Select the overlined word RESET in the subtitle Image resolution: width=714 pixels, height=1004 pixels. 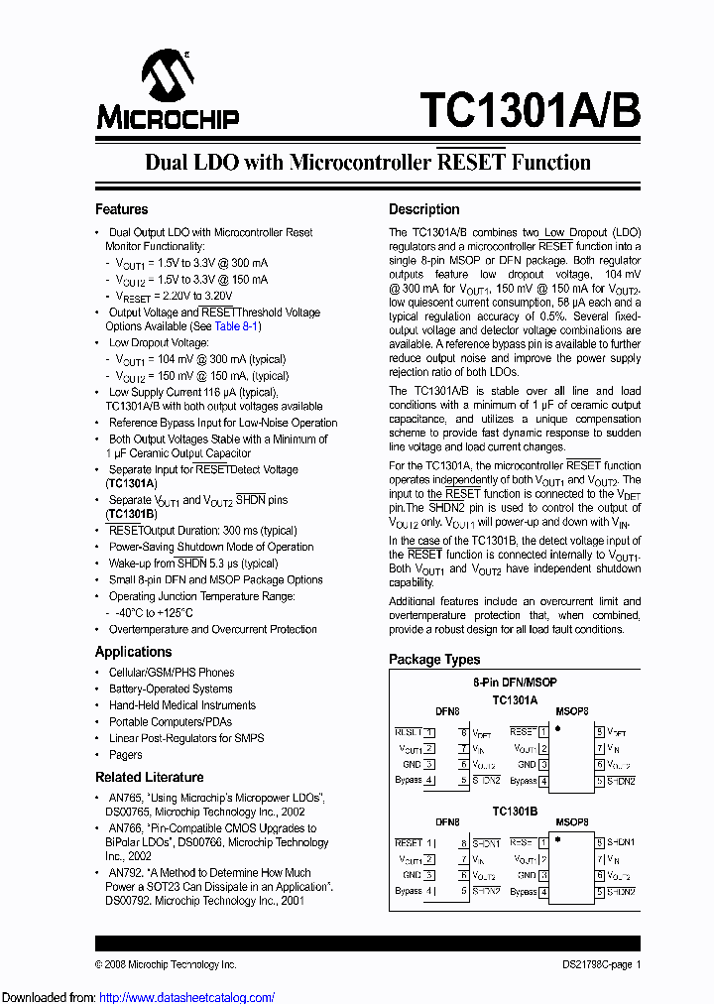[x=471, y=163]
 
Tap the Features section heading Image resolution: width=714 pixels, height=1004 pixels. [x=121, y=209]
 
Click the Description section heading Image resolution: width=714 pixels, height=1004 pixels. [x=423, y=209]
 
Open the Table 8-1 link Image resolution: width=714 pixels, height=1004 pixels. [x=237, y=326]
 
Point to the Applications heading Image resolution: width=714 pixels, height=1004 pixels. [x=133, y=652]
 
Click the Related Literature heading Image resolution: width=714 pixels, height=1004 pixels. [x=149, y=777]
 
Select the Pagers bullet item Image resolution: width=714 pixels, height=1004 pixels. [x=125, y=755]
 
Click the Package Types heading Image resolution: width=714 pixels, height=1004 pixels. [x=434, y=659]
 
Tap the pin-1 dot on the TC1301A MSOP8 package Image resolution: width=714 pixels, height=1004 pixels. [x=558, y=727]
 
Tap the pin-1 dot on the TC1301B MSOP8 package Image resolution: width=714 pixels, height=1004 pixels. [x=558, y=838]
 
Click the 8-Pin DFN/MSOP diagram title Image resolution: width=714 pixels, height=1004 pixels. [x=514, y=684]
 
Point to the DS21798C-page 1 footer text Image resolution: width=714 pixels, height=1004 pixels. [x=595, y=964]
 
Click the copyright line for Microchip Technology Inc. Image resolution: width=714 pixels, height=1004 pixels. [x=166, y=964]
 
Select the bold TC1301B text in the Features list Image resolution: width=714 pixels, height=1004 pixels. [x=131, y=514]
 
